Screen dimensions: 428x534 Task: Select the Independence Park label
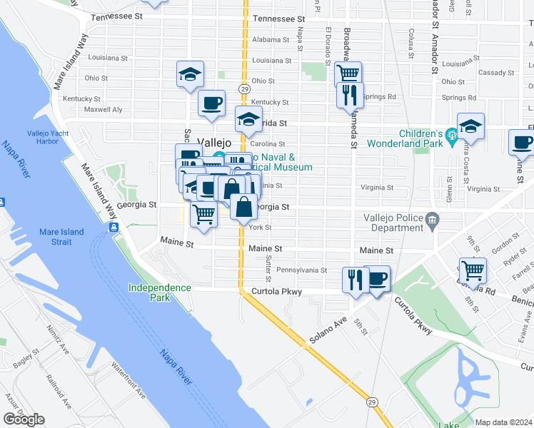[160, 292]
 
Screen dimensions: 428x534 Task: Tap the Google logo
[24, 419]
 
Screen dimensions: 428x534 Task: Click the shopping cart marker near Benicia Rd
[473, 271]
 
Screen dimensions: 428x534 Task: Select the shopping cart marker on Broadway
[348, 73]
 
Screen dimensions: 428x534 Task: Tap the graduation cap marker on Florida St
[248, 119]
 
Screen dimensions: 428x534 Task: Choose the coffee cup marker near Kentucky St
[211, 103]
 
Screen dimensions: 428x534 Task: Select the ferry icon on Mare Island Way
[114, 228]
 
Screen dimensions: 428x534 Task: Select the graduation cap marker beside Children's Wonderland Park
[470, 126]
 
